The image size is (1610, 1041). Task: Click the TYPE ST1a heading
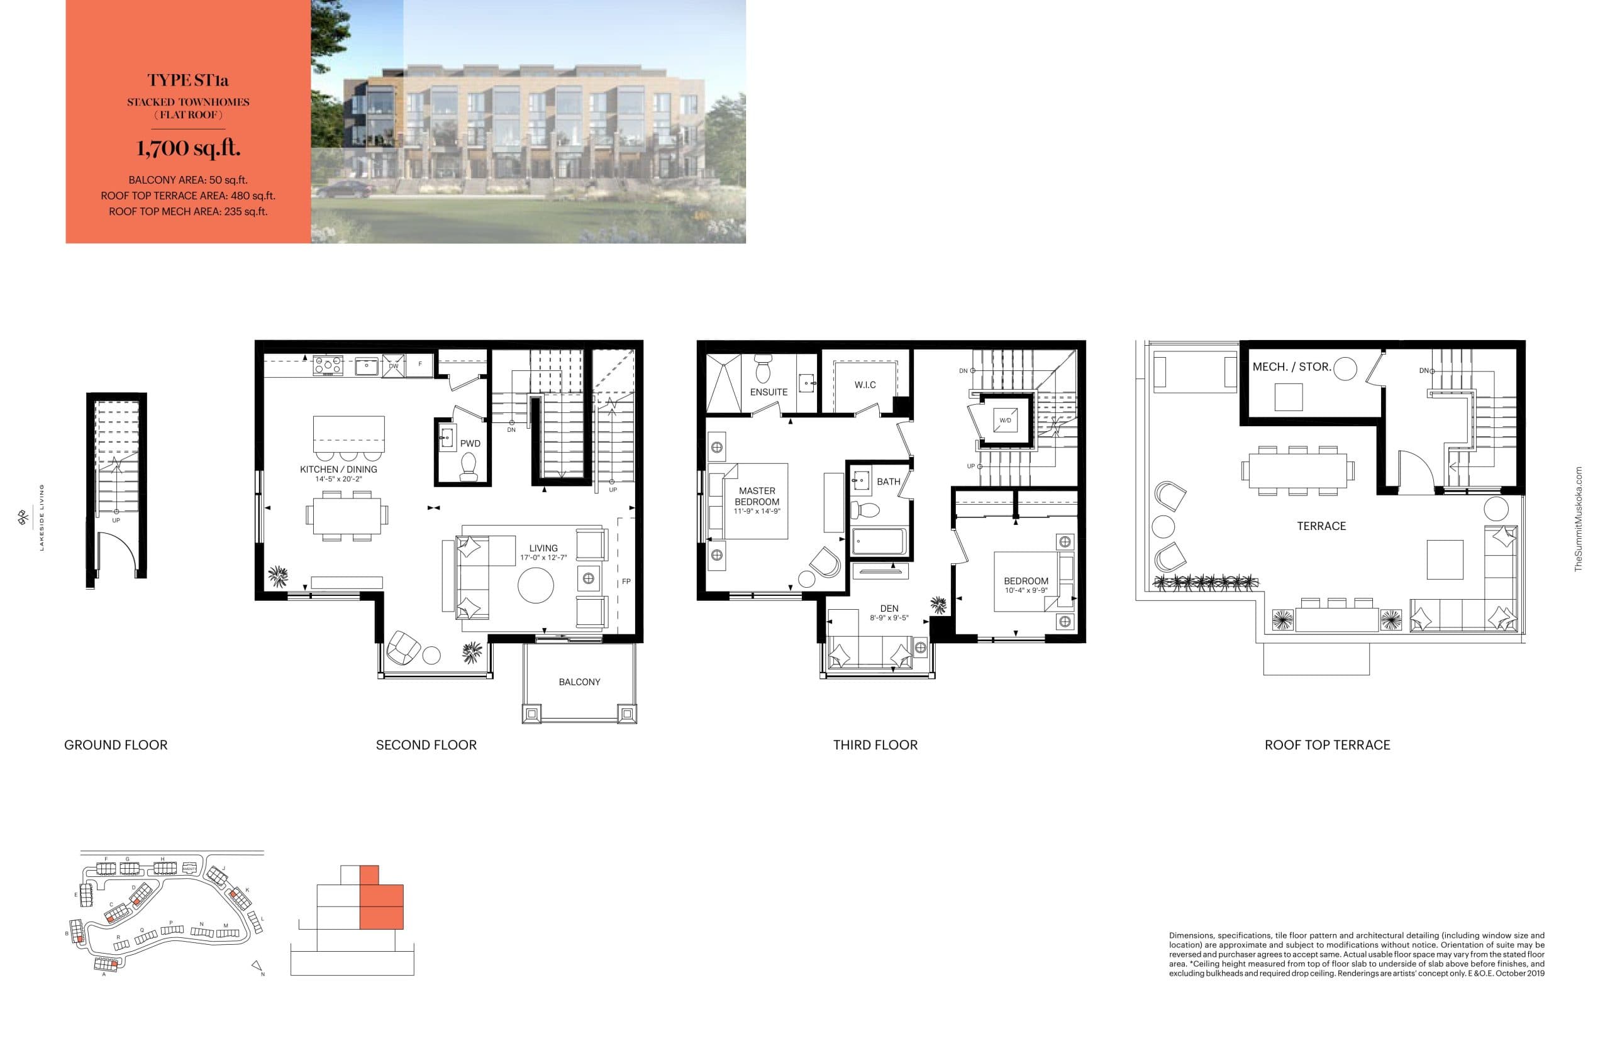coord(188,80)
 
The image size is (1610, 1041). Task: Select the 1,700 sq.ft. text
coord(188,148)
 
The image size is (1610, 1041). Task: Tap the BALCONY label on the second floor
coord(579,682)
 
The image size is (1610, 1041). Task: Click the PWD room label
coord(470,444)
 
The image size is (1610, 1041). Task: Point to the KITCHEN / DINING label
coord(338,469)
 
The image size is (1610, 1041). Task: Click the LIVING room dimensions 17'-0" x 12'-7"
coord(543,558)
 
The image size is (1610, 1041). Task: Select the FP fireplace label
coord(626,581)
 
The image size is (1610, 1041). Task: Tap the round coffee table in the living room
coord(535,585)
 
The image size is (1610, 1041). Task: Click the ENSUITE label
coord(768,392)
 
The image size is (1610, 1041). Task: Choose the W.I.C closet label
coord(864,385)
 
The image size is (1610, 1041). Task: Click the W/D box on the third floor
coord(1005,421)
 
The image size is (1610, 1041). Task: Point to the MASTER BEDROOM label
coord(757,496)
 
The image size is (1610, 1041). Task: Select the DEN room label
coord(889,609)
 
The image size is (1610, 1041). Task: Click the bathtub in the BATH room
coord(879,541)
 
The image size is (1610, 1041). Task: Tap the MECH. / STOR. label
coord(1291,367)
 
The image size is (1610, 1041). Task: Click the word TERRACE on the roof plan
coord(1321,526)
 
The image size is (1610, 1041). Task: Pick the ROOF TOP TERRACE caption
coord(1327,745)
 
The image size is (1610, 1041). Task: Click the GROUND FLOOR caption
coord(116,745)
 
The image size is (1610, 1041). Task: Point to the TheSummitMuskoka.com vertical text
coord(1577,519)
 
